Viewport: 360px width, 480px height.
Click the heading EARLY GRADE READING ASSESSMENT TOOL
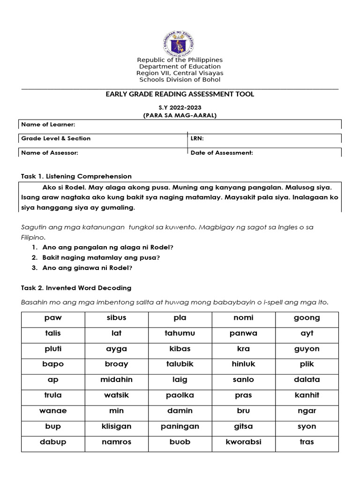click(x=180, y=94)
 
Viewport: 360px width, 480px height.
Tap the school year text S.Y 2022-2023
click(x=180, y=108)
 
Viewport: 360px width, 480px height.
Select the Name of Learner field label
click(x=48, y=124)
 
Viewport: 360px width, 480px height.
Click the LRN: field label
click(x=197, y=138)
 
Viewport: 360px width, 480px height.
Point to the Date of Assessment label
click(x=222, y=153)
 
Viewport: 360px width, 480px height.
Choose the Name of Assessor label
click(x=50, y=153)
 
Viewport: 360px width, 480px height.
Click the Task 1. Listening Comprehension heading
click(x=76, y=176)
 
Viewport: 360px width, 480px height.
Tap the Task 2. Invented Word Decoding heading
click(x=76, y=288)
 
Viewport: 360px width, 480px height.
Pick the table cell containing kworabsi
click(x=243, y=442)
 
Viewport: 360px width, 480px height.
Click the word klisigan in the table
click(x=116, y=427)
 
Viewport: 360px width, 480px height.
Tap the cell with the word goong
click(x=307, y=318)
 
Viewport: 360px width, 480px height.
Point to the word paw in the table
click(x=53, y=318)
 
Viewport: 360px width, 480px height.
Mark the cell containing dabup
click(x=53, y=442)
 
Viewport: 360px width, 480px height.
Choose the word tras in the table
click(x=307, y=442)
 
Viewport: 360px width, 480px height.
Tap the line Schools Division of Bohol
click(x=180, y=80)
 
